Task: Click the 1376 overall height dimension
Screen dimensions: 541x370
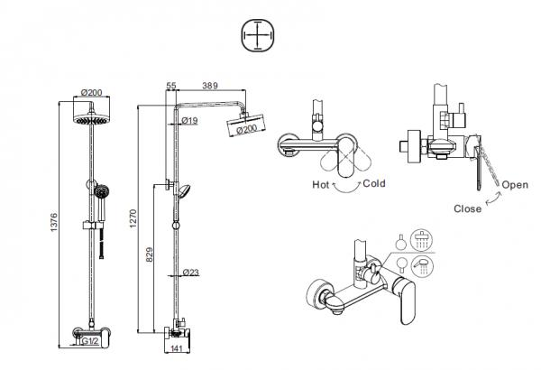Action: pyautogui.click(x=54, y=222)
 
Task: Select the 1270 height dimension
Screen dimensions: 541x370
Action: pyautogui.click(x=133, y=218)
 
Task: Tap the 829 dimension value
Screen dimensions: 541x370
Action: pyautogui.click(x=150, y=254)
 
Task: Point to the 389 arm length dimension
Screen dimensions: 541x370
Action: pyautogui.click(x=210, y=86)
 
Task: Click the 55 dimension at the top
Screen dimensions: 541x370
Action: pyautogui.click(x=171, y=86)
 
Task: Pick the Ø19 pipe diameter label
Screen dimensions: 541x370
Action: pyautogui.click(x=189, y=120)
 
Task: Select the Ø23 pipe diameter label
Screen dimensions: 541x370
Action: pyautogui.click(x=191, y=273)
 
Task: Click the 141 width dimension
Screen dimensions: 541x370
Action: pyautogui.click(x=177, y=348)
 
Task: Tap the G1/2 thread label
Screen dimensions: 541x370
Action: pyautogui.click(x=90, y=341)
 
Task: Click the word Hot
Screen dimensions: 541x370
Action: pyautogui.click(x=321, y=184)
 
